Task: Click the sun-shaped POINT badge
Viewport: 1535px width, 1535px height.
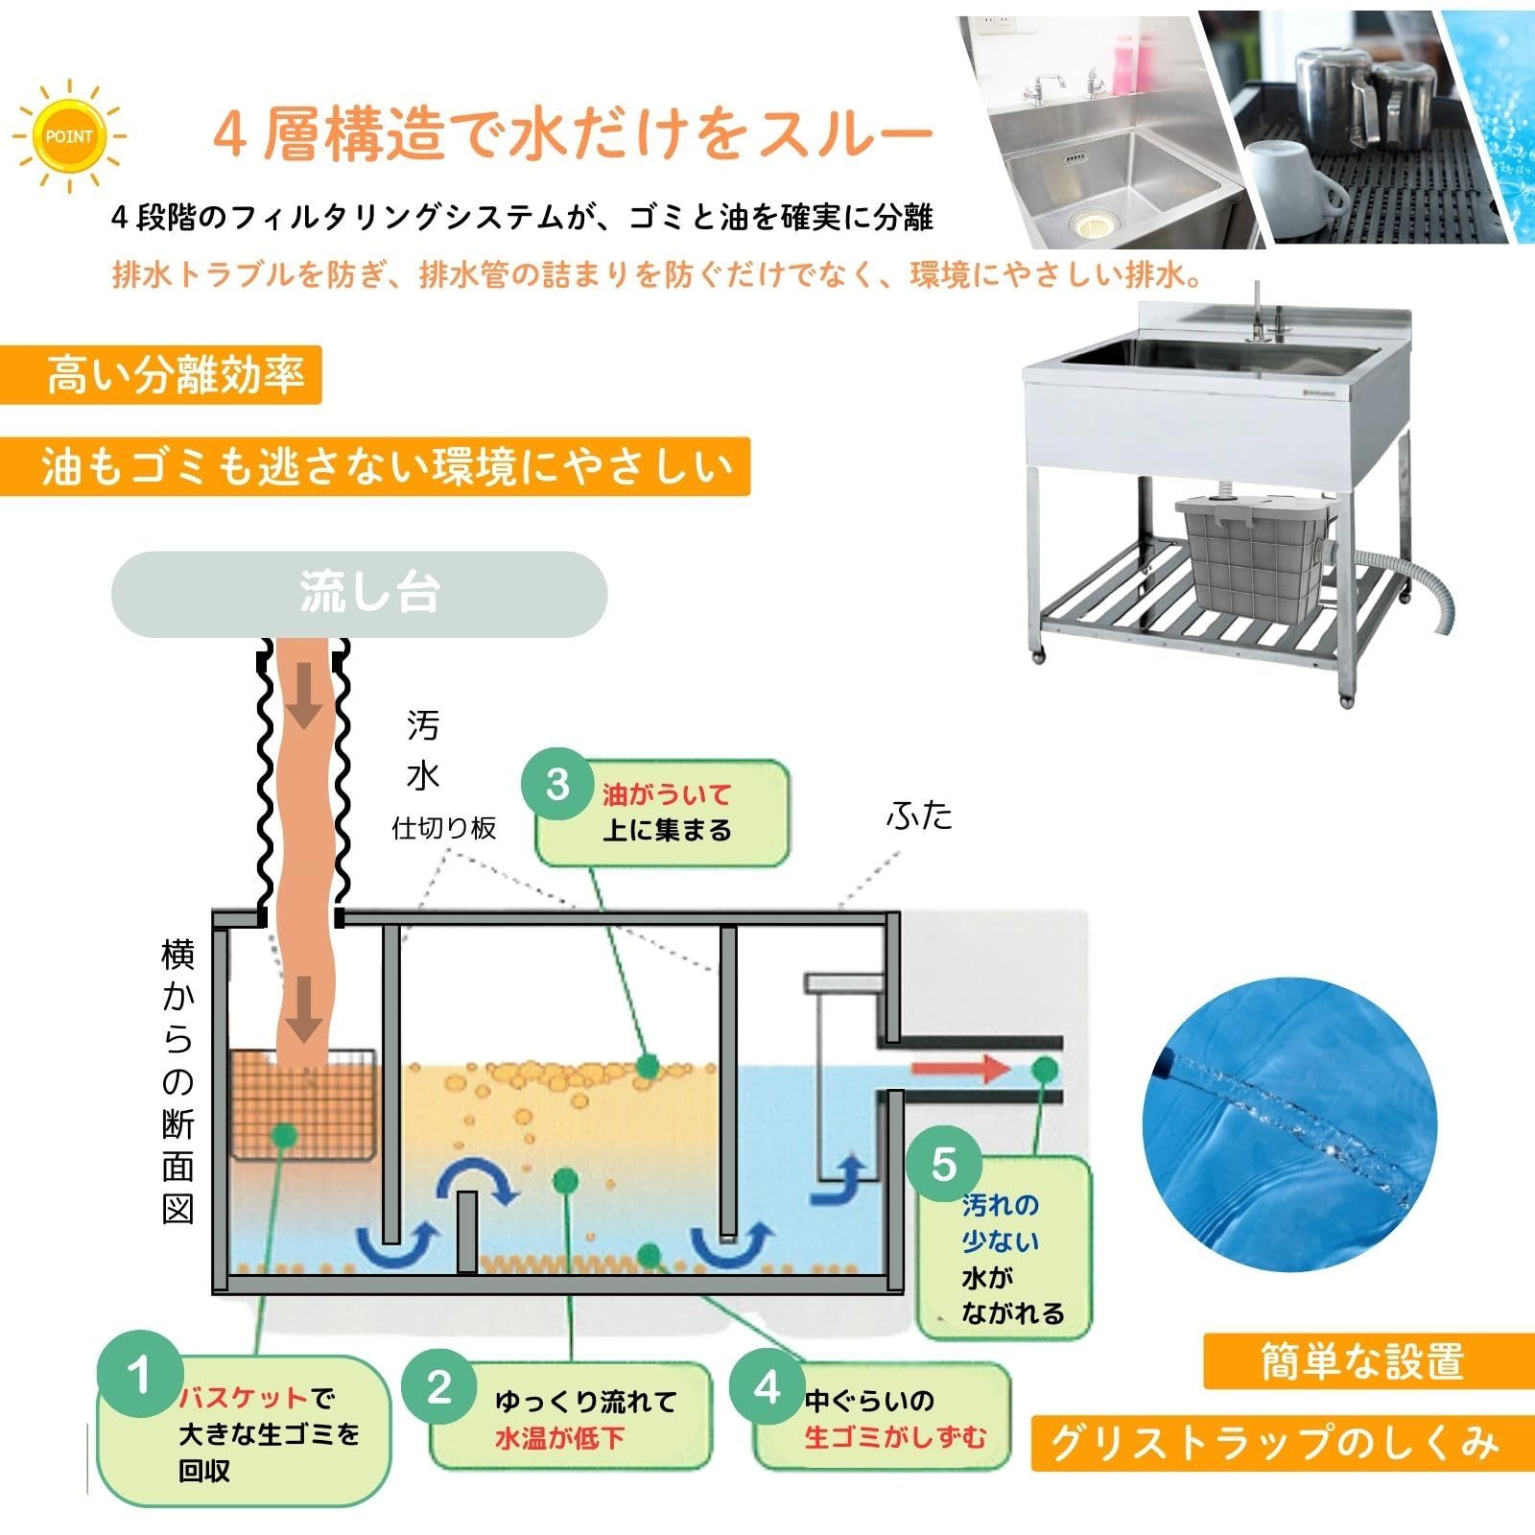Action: [x=69, y=136]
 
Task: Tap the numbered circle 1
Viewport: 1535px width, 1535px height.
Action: [x=141, y=1377]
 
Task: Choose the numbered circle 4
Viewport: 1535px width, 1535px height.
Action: [x=767, y=1387]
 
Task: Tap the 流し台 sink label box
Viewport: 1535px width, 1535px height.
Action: [x=360, y=594]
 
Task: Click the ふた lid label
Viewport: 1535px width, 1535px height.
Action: [x=919, y=815]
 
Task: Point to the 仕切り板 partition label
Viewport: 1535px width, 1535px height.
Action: [x=444, y=828]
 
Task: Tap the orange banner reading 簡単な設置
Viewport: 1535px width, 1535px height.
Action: [x=1361, y=1360]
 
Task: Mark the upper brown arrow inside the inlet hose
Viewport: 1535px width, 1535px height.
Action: [x=306, y=708]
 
